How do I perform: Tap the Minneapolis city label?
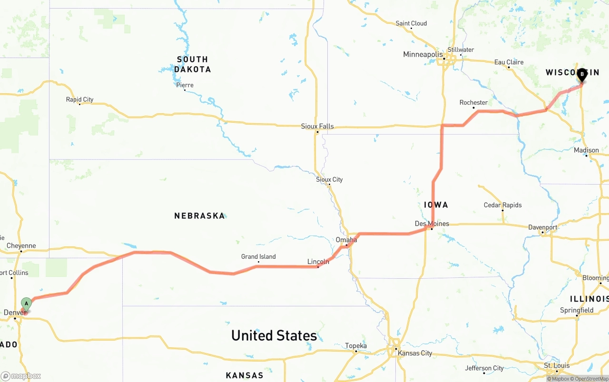click(423, 55)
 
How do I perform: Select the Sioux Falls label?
click(317, 127)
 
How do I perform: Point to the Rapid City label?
click(79, 100)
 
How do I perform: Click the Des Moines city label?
click(432, 224)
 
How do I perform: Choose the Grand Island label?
click(258, 257)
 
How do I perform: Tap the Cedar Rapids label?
click(502, 205)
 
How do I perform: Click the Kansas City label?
click(415, 353)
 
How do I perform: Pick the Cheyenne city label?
click(21, 246)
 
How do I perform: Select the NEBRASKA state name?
click(199, 216)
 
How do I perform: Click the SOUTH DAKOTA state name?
click(192, 64)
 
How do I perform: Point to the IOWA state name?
click(436, 205)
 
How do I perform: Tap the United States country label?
click(274, 335)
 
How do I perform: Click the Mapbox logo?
click(21, 376)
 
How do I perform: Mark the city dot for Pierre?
click(185, 90)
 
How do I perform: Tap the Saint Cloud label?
click(411, 23)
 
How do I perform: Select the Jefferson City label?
click(484, 368)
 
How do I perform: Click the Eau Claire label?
click(509, 62)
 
